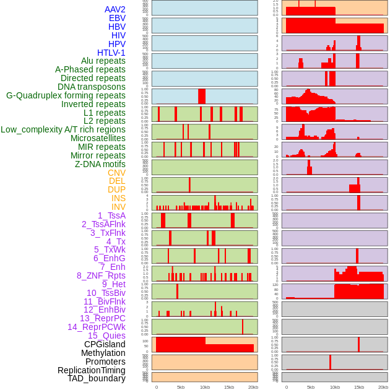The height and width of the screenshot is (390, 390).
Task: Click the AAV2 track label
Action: (x=115, y=9)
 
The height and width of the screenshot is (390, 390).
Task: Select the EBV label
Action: (x=117, y=18)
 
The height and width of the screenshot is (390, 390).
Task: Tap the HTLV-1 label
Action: (x=111, y=53)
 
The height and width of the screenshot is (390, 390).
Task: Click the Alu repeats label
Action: (x=103, y=61)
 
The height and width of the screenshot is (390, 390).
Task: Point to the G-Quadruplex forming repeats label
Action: (x=66, y=95)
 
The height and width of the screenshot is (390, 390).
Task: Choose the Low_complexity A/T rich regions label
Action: (x=63, y=129)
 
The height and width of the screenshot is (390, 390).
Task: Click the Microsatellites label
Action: (x=98, y=138)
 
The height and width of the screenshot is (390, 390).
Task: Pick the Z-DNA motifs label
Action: (x=100, y=164)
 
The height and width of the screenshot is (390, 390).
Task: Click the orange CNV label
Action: (x=116, y=173)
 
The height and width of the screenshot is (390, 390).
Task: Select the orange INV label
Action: (x=118, y=207)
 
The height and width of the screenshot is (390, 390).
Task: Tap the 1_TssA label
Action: (x=111, y=215)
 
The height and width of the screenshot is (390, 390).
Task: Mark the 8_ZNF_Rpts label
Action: (x=101, y=275)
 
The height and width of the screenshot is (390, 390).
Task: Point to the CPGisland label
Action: (x=105, y=344)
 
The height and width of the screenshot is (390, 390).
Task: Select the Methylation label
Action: (x=103, y=353)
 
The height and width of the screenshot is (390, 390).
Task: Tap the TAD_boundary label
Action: (x=97, y=378)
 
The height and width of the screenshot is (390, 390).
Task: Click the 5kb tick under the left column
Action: (x=180, y=387)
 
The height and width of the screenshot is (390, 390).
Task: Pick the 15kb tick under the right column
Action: (x=359, y=387)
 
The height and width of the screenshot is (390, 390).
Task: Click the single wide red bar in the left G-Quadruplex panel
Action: (x=202, y=97)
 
